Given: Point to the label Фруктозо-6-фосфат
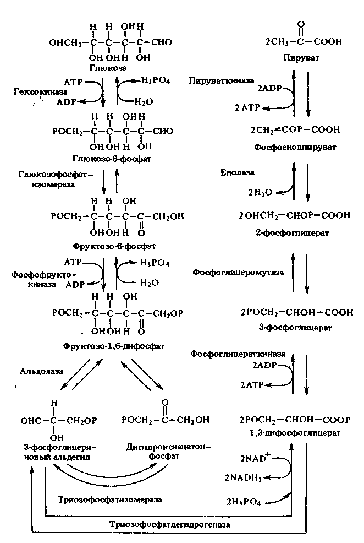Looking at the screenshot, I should [114, 245].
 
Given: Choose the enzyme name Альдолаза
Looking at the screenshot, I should [39, 371].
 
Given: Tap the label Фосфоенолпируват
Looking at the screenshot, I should [295, 148].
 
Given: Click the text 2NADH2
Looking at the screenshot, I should [242, 477].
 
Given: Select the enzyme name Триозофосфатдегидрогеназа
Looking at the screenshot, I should [169, 524].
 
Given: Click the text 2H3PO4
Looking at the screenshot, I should [244, 501].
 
